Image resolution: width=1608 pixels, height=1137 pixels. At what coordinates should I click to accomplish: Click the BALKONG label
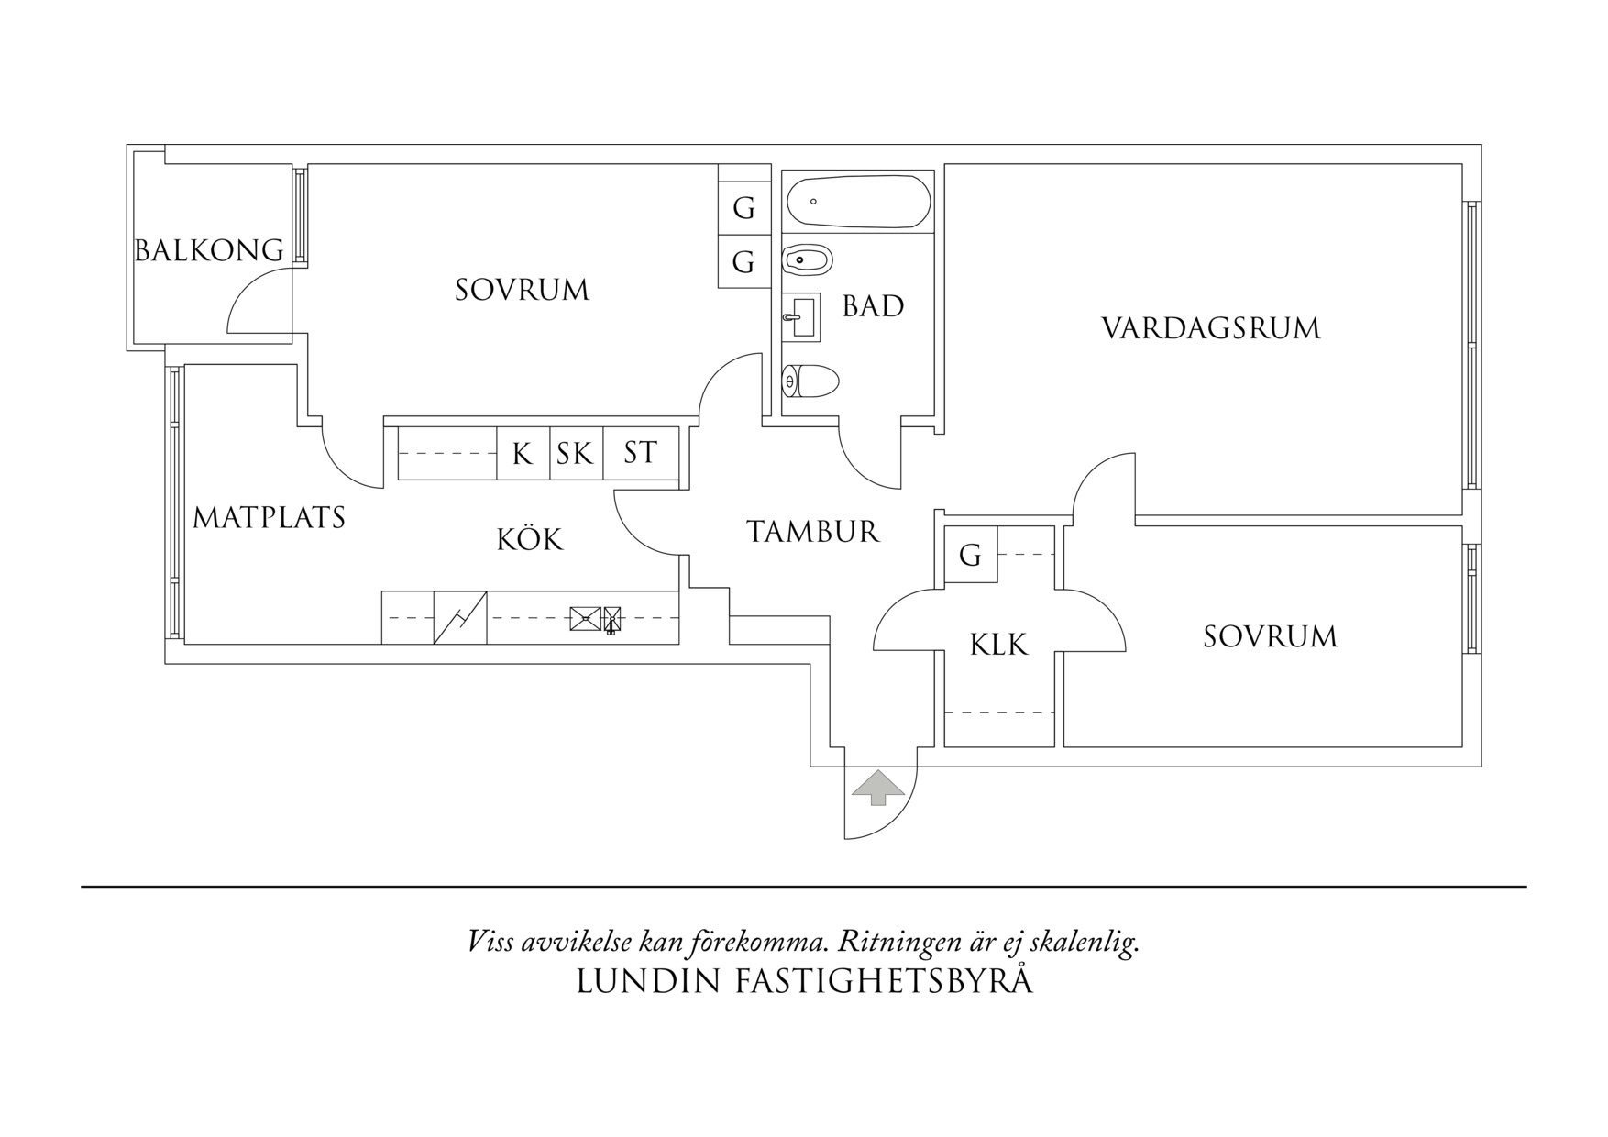pos(209,250)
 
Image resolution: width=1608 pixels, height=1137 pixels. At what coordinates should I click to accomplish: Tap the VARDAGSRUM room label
pos(1210,328)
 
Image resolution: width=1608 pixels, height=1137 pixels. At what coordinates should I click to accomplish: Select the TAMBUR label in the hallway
pos(812,532)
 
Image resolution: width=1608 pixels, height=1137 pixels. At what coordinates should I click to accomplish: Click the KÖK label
pos(529,539)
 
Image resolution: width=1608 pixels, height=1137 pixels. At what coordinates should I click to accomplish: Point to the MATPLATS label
pos(269,518)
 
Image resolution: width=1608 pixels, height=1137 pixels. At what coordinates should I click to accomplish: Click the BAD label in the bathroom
pos(873,306)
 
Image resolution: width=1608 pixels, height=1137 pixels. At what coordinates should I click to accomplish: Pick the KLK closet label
pos(998,645)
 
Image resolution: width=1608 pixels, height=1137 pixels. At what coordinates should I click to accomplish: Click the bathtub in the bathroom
pos(858,202)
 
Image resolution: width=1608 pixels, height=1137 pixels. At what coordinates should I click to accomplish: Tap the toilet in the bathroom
pos(810,381)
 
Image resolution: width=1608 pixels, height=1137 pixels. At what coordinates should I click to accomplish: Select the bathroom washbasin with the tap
pos(801,318)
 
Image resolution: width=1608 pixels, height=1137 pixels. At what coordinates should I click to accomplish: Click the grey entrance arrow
pos(878,788)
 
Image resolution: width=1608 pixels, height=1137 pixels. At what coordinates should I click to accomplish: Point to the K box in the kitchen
pos(523,453)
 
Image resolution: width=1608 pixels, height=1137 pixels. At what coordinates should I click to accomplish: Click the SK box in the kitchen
pos(576,453)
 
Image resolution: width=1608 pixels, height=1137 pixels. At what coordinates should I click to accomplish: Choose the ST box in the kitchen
pos(640,453)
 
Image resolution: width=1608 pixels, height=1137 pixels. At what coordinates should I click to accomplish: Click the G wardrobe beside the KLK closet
pos(970,555)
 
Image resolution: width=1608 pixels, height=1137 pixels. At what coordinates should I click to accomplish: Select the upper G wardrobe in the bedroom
pos(743,208)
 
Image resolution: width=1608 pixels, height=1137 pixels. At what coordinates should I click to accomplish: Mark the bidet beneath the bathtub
pos(807,260)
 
